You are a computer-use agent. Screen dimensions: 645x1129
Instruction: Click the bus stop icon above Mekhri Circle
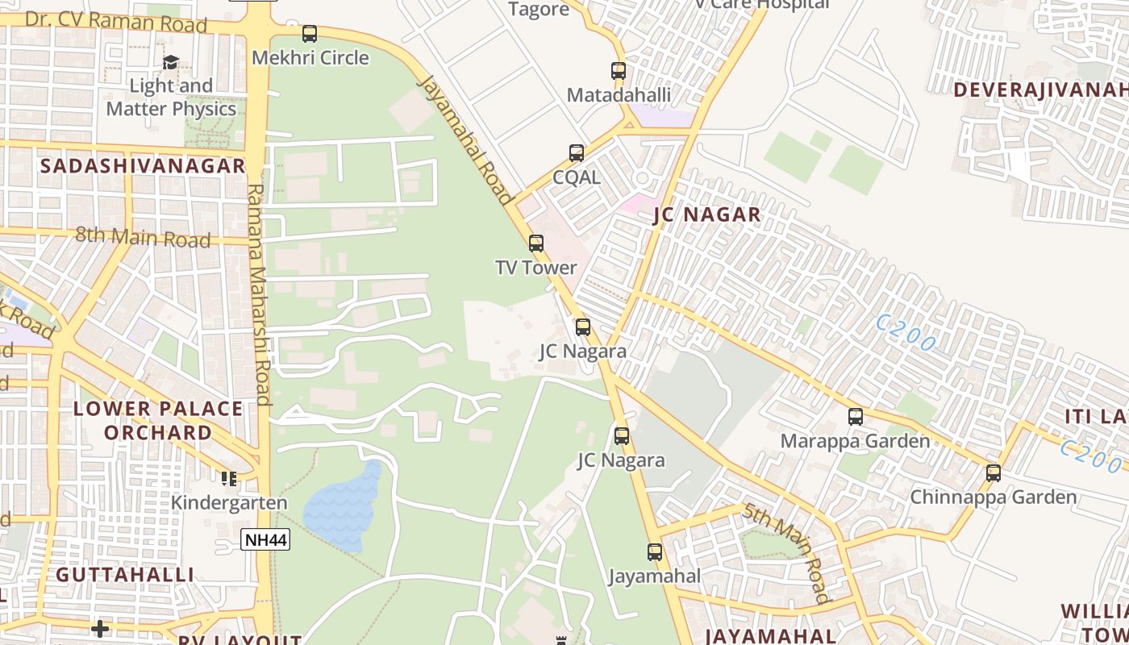310,34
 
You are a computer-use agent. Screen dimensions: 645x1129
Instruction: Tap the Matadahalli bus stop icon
619,71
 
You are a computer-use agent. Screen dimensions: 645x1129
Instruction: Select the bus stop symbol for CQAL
577,153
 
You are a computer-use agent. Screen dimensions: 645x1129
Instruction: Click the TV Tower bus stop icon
536,243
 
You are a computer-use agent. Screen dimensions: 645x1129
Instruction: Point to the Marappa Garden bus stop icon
856,417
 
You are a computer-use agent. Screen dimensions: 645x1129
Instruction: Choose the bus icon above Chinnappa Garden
994,473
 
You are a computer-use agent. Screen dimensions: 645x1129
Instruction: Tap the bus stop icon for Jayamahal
655,552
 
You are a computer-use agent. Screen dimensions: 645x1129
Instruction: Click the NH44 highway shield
265,540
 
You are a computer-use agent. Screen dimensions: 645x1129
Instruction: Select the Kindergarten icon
229,479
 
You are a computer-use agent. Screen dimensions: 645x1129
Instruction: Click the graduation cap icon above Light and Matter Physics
171,63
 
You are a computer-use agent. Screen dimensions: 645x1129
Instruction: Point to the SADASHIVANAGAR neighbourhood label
143,166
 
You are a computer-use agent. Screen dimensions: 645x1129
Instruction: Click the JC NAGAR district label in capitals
706,214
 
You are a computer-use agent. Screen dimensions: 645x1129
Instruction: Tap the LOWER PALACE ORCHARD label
158,420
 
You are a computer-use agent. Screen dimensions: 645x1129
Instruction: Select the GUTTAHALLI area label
125,575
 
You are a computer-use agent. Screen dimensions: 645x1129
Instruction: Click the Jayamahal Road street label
467,139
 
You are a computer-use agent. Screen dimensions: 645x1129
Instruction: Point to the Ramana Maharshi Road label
259,293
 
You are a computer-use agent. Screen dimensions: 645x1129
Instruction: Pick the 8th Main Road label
143,238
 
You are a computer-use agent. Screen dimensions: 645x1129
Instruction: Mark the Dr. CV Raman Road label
116,22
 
